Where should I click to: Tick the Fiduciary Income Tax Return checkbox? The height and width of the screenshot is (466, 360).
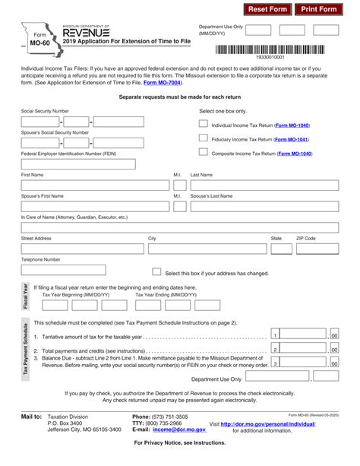coord(203,138)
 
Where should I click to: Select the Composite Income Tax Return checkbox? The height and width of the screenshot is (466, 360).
coord(203,152)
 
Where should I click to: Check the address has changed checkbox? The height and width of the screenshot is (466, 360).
coord(156,272)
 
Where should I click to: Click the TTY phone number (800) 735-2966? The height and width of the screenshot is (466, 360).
coord(170,423)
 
